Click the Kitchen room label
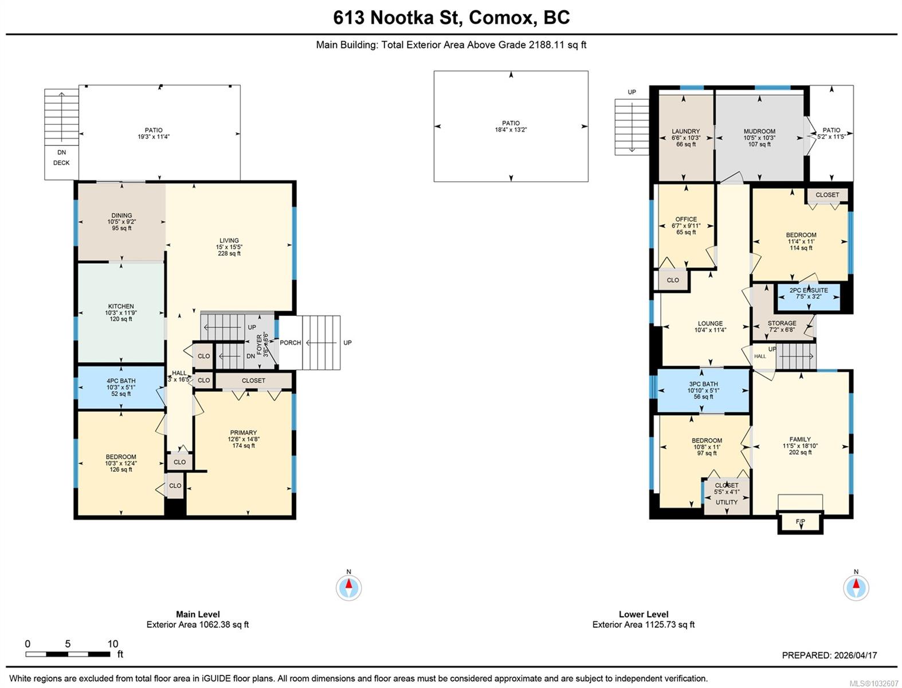(x=121, y=306)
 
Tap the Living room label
(x=229, y=240)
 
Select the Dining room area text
(x=121, y=228)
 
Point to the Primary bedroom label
(x=244, y=432)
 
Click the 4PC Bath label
(x=121, y=381)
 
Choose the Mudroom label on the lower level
(x=759, y=131)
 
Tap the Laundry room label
(x=685, y=131)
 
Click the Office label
(x=686, y=219)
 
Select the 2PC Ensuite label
(x=809, y=290)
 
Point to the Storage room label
(x=782, y=323)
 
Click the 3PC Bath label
(x=703, y=384)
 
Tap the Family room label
(x=799, y=439)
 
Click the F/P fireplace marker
(x=800, y=522)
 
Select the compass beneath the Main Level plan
(x=348, y=588)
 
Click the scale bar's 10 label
(x=112, y=644)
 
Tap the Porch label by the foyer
(x=290, y=343)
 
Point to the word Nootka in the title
(x=402, y=18)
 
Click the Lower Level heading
(x=644, y=614)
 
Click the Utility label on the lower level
(x=727, y=502)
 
